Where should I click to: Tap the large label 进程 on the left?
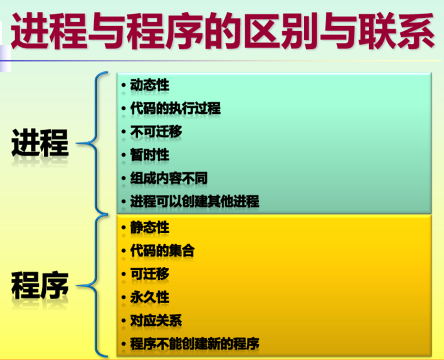(40, 143)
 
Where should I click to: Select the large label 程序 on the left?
(40, 286)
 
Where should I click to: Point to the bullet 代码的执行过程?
(175, 108)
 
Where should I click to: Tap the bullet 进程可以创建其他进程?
(194, 201)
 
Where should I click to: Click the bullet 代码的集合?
(162, 251)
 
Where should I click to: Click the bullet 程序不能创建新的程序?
(194, 344)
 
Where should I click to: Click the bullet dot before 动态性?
(125, 85)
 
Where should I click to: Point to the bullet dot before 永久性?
(125, 297)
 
